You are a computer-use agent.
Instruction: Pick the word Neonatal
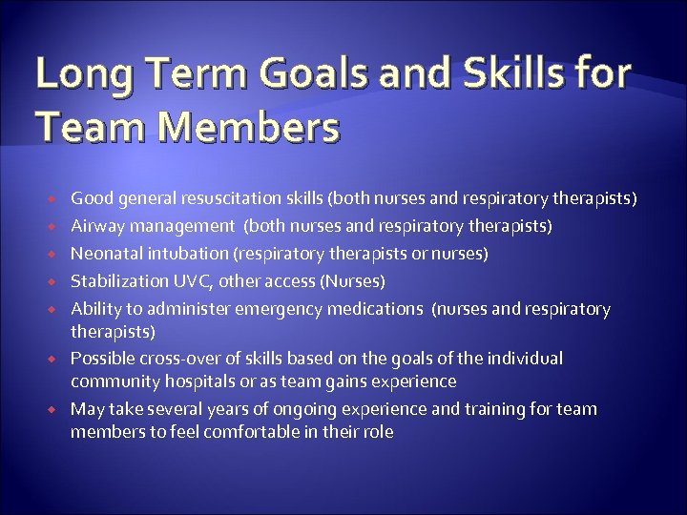click(106, 254)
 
